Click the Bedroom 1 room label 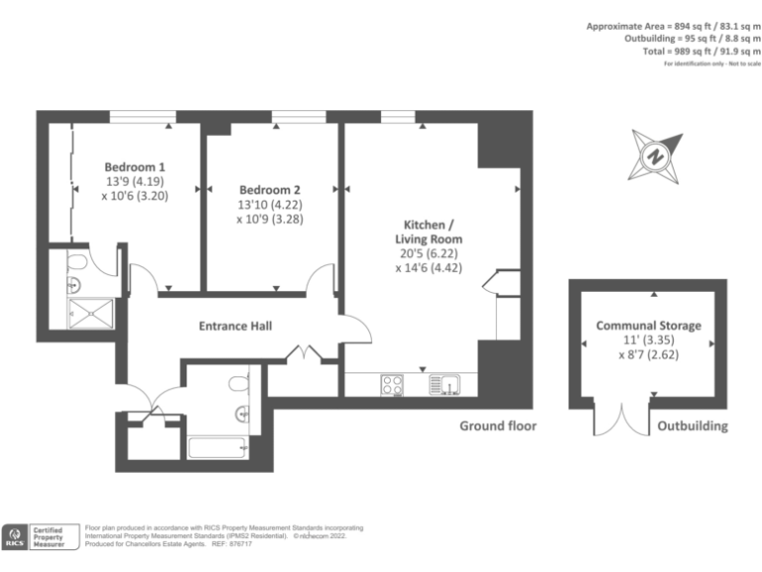[x=135, y=167]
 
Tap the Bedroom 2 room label [x=269, y=190]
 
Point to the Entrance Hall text [x=235, y=326]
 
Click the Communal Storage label [x=648, y=326]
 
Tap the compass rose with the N [x=655, y=156]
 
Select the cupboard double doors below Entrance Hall [x=302, y=355]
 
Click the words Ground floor [x=497, y=426]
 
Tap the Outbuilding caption [x=692, y=426]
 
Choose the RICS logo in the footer [x=17, y=536]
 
